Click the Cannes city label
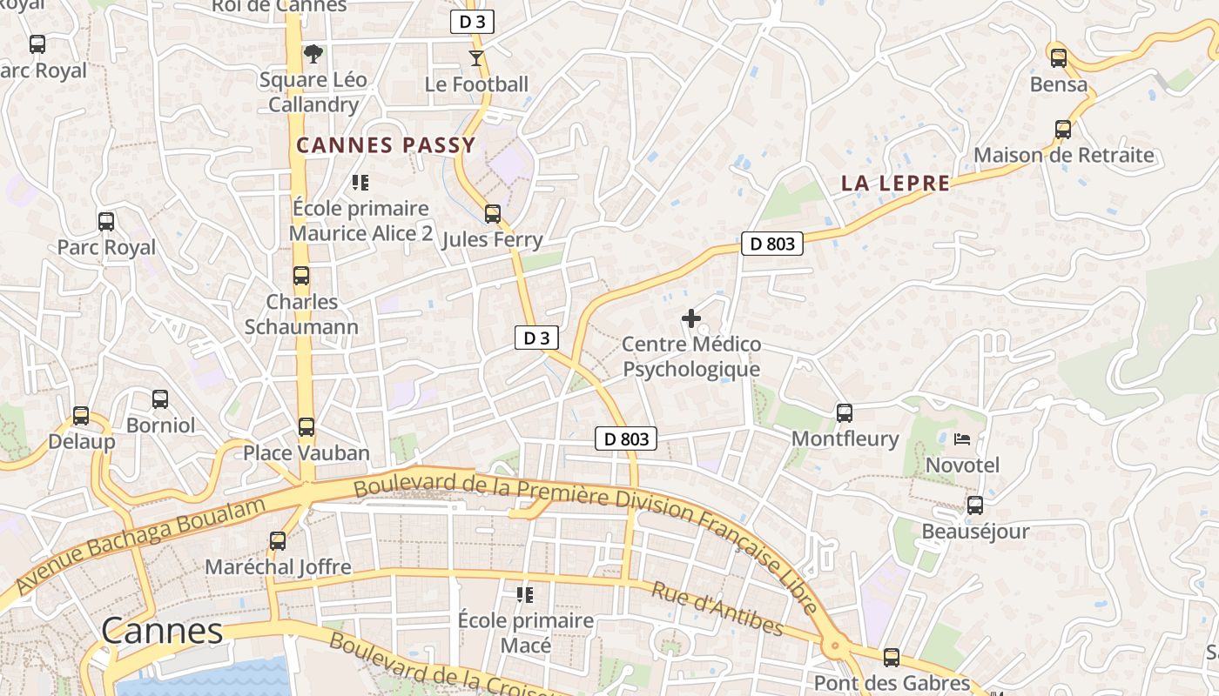[x=162, y=631]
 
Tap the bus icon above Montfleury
[x=844, y=413]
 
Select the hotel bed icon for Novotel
[x=962, y=439]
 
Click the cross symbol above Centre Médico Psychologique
[x=691, y=318]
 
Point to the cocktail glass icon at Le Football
[x=475, y=58]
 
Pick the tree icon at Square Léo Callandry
[x=313, y=54]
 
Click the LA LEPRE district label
[x=896, y=184]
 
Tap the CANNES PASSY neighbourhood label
[x=387, y=145]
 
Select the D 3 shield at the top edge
[x=472, y=23]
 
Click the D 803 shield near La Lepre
[x=772, y=244]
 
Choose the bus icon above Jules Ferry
[x=493, y=214]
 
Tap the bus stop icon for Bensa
[x=1059, y=58]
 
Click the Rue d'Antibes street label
[x=717, y=609]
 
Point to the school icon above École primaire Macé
[x=525, y=595]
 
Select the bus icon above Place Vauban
[x=306, y=427]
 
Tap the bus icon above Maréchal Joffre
[x=278, y=541]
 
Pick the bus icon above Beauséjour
[x=975, y=505]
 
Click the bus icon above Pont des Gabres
[x=892, y=658]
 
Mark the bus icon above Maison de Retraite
[x=1063, y=130]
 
